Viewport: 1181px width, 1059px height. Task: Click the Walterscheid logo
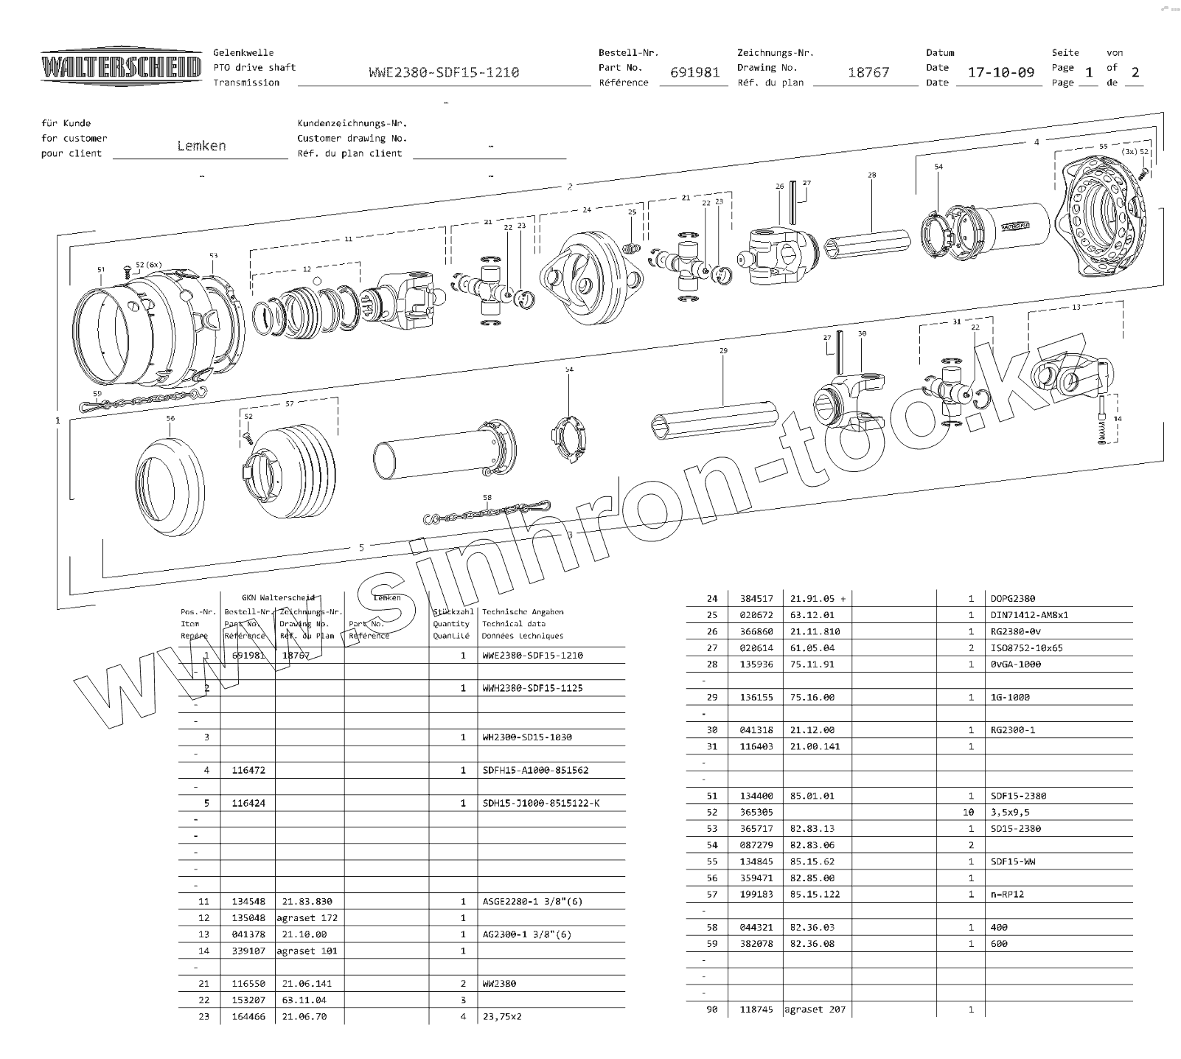click(x=121, y=68)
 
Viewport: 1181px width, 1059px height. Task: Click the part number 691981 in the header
click(x=694, y=72)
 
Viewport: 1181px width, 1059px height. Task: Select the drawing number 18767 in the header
click(x=868, y=72)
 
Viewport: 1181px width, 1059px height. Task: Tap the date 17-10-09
click(x=1000, y=72)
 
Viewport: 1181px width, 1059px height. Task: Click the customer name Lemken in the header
click(x=201, y=145)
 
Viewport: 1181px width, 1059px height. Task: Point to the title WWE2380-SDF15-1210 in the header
click(x=444, y=72)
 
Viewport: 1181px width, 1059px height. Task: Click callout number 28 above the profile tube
click(x=872, y=176)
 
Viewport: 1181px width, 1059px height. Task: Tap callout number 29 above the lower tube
click(x=723, y=351)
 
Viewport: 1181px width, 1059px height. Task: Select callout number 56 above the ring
click(x=170, y=419)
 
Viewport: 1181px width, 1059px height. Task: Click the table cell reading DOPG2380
click(x=1013, y=599)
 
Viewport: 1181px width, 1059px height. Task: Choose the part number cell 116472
click(x=248, y=770)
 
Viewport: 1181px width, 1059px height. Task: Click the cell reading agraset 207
click(x=815, y=1010)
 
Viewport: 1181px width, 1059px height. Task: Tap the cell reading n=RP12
click(x=1007, y=894)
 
